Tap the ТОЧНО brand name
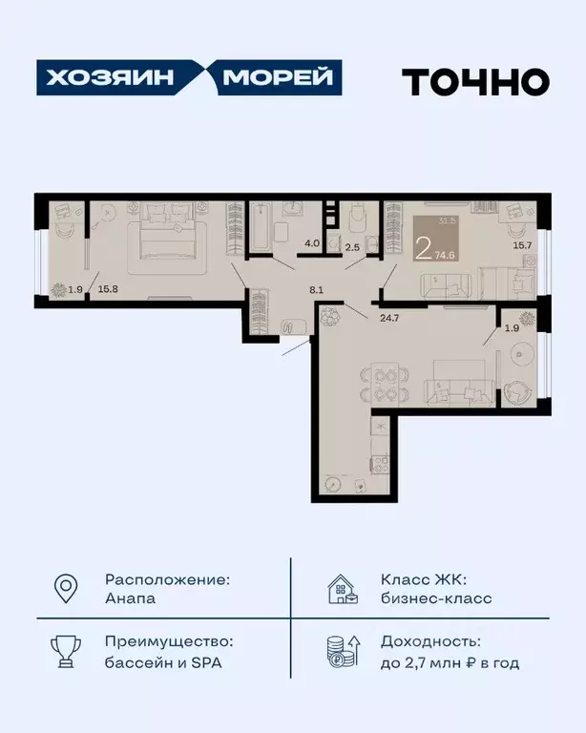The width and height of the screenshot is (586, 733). (474, 82)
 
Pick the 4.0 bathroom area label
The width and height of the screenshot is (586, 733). (311, 244)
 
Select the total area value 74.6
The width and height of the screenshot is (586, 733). (445, 256)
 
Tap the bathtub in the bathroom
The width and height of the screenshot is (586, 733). (261, 226)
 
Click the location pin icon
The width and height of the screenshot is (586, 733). (65, 589)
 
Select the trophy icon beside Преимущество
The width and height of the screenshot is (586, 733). (65, 652)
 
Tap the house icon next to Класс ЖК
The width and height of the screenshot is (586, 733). (342, 589)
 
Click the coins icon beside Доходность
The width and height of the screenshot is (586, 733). (342, 652)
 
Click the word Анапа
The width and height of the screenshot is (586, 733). (131, 599)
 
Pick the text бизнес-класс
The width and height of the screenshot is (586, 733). (436, 599)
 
